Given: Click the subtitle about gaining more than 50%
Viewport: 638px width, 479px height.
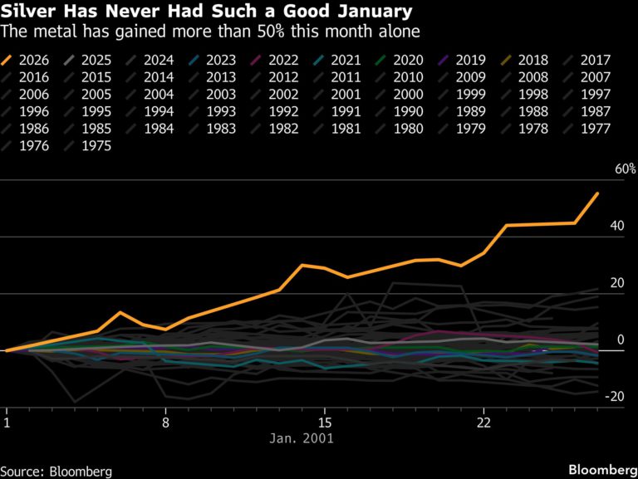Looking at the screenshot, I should coord(210,32).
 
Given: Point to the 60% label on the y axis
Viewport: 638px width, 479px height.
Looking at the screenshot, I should coord(625,169).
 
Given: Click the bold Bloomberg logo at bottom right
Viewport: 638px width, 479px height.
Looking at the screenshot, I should coord(601,470).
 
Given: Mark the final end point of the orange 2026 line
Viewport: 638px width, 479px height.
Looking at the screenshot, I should coord(597,193).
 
